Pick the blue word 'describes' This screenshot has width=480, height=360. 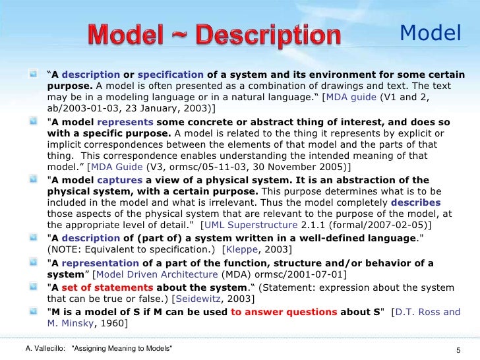pos(415,203)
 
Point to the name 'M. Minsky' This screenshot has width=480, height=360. pos(69,324)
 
